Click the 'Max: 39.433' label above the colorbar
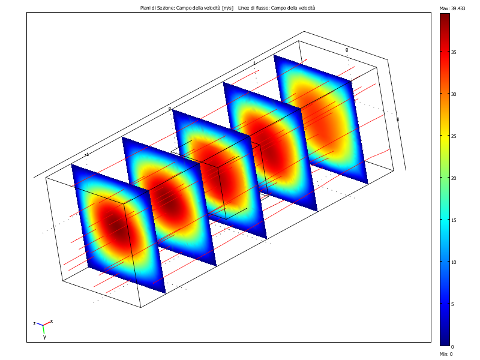pyautogui.click(x=453, y=8)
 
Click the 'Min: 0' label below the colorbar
pyautogui.click(x=446, y=354)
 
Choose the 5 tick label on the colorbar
pyautogui.click(x=453, y=304)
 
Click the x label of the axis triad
pyautogui.click(x=52, y=321)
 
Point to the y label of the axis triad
pyautogui.click(x=44, y=337)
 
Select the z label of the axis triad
pyautogui.click(x=35, y=323)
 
